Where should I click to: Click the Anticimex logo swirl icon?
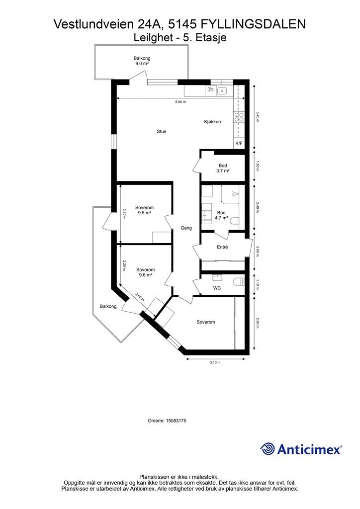[267, 449]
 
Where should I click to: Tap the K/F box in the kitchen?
[239, 143]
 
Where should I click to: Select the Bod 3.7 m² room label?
[223, 168]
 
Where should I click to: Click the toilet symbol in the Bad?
[235, 221]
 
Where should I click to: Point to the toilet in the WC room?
[239, 281]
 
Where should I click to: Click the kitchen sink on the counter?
[222, 90]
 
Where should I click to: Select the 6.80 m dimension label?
[180, 102]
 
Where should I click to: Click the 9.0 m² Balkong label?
[142, 61]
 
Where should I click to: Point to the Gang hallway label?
[186, 228]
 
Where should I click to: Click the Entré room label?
[222, 247]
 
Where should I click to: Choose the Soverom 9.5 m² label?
[145, 210]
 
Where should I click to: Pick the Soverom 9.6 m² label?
[145, 272]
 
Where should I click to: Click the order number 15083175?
[167, 421]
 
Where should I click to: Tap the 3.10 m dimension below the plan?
[215, 362]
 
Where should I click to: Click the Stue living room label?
[161, 131]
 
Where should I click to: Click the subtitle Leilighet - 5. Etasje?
[180, 38]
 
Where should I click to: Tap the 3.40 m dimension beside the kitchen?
[258, 117]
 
